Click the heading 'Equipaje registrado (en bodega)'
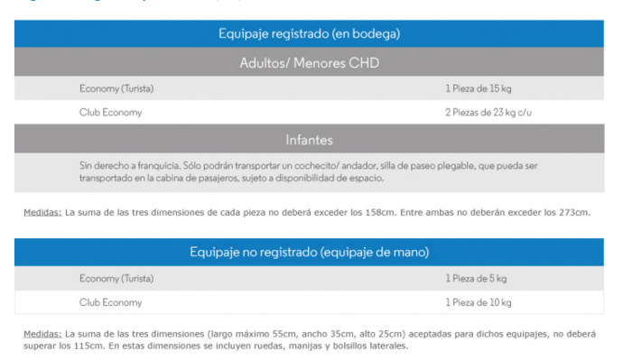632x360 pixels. (x=309, y=33)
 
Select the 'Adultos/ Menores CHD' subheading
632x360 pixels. (x=309, y=63)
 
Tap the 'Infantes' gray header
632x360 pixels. (x=309, y=140)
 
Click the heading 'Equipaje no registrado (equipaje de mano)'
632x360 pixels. (x=309, y=252)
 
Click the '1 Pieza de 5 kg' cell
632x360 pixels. (x=476, y=278)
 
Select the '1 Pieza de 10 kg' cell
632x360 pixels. (x=479, y=302)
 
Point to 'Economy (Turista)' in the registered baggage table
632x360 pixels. (x=116, y=88)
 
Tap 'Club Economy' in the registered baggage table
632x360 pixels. (x=110, y=113)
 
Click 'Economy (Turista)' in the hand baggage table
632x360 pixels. (x=116, y=278)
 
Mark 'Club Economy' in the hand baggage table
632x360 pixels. (x=110, y=302)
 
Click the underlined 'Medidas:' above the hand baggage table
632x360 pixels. (x=42, y=213)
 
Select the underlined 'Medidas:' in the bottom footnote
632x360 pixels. (x=42, y=333)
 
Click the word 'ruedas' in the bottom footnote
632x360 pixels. (x=268, y=345)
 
